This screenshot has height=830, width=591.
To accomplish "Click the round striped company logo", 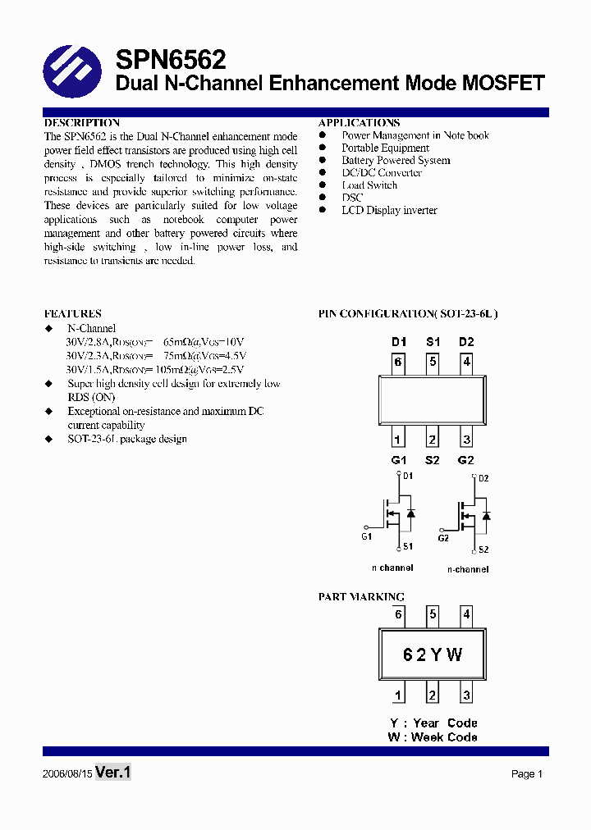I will pos(71,71).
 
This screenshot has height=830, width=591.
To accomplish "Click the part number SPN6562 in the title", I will pos(171,60).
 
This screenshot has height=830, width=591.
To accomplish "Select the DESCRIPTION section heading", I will pos(82,123).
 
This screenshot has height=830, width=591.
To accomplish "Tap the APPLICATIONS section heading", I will pos(360,123).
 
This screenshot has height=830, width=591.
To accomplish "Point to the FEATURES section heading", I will pos(73,313).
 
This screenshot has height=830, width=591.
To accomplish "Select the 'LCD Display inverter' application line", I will pos(389,211).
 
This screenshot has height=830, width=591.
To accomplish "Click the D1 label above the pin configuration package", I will pos(399,342).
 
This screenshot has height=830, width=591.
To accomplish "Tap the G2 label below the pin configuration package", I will pos(466,460).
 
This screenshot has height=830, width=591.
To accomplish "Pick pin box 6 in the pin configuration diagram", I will pos(398,362).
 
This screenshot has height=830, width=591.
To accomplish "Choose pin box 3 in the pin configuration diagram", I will pos(466,439).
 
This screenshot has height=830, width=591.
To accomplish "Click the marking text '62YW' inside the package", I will pos(433,654).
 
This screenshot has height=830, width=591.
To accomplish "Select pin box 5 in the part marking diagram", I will pos(433,614).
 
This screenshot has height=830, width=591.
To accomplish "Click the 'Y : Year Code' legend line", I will pos(433,723).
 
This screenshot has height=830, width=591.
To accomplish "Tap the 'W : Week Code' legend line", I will pos(433,737).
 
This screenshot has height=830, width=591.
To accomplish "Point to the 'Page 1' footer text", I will pos(527,774).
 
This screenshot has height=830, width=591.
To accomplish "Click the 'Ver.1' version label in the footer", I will pos(113,773).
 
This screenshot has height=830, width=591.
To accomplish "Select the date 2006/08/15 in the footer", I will pos(66,774).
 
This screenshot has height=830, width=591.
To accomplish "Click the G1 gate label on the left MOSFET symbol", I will pos(366,536).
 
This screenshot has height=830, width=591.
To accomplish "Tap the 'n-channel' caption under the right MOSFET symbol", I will pos(468,569).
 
